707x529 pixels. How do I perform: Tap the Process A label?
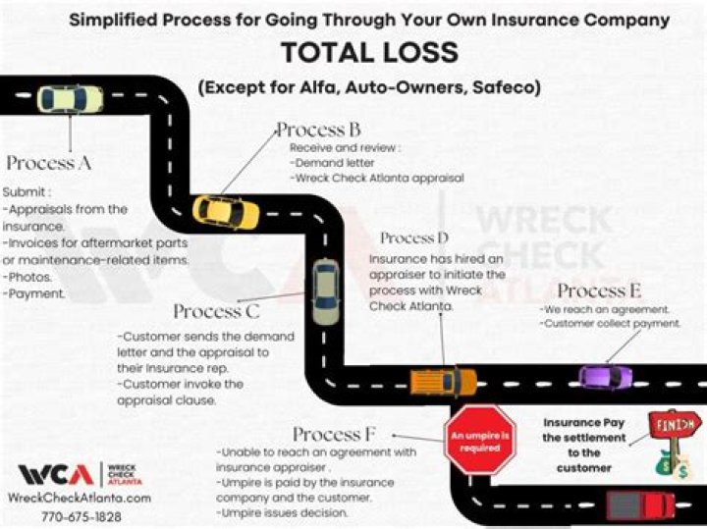49,163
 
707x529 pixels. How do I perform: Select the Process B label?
318,130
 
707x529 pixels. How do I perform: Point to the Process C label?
216,312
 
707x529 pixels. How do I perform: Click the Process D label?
414,238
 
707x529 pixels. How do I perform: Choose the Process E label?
599,291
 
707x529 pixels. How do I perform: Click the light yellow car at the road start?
70,99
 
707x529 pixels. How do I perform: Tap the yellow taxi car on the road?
226,210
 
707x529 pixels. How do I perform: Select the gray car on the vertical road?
325,291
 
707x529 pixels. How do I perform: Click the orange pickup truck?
443,381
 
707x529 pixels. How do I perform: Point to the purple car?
606,376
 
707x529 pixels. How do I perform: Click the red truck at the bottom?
639,505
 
